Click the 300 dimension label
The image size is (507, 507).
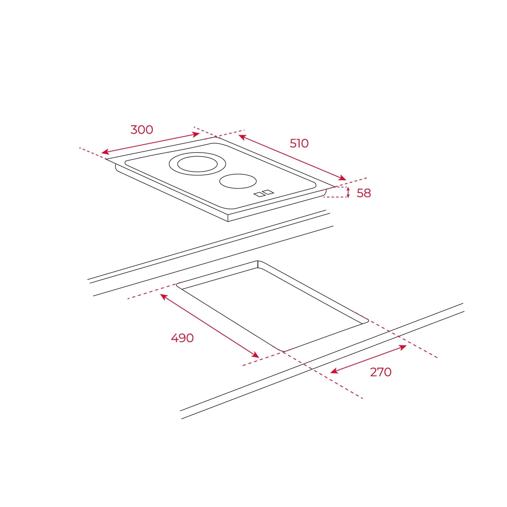tap(142, 130)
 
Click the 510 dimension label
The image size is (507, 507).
tap(299, 143)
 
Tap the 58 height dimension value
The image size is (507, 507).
tap(364, 193)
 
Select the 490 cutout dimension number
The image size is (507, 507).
tap(182, 338)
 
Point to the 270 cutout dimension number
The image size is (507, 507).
tap(381, 372)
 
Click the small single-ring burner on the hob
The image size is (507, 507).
tap(238, 181)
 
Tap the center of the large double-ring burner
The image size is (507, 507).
tap(197, 164)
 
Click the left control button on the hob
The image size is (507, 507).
tap(259, 195)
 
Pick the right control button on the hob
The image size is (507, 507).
tap(268, 192)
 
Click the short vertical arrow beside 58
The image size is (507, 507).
tap(348, 192)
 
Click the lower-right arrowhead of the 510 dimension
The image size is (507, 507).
tap(343, 178)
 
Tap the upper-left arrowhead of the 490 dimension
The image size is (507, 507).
tap(164, 297)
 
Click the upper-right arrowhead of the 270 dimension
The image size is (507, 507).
tap(403, 347)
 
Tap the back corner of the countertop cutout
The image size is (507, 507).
tap(258, 261)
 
